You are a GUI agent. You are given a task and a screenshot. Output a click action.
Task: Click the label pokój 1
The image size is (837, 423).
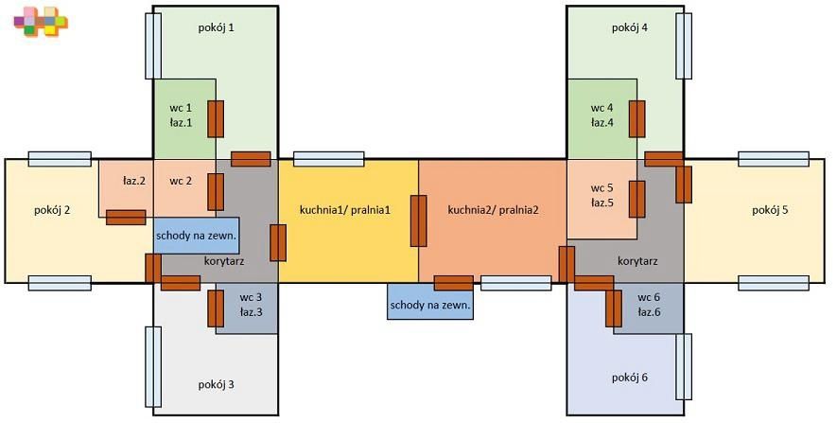(217, 27)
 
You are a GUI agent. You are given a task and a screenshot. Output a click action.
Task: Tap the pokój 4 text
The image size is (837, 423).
(630, 27)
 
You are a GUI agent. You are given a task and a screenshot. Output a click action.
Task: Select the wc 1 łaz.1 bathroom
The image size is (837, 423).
(184, 119)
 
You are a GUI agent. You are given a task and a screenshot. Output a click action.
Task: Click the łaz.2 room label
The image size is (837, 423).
(134, 181)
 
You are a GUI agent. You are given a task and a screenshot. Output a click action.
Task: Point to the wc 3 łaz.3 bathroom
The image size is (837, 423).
(247, 308)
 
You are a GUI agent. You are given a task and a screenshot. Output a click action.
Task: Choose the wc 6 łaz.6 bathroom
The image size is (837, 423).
(649, 308)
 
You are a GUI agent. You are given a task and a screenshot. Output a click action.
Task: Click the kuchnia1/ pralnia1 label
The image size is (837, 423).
(345, 210)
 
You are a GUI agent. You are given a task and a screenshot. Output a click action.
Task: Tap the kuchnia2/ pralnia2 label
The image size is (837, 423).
(494, 210)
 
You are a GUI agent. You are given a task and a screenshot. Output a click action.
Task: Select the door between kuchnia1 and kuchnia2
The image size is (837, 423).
(418, 221)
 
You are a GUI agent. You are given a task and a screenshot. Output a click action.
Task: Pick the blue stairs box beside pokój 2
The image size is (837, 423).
(197, 235)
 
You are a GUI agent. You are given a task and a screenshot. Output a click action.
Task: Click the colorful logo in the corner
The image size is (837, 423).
(41, 22)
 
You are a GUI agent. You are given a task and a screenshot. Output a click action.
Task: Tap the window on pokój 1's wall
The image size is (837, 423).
(153, 46)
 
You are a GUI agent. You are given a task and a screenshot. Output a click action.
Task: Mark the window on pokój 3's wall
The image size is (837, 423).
(153, 367)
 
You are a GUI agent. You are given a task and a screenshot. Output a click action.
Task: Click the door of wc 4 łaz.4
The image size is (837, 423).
(636, 118)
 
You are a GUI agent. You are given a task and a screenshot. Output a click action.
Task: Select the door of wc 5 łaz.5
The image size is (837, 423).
(636, 200)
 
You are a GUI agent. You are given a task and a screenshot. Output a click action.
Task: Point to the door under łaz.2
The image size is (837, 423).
(126, 218)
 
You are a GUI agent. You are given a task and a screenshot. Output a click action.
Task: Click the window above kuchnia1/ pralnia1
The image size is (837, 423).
(329, 159)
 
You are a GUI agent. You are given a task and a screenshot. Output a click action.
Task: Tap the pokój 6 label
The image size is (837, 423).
(630, 378)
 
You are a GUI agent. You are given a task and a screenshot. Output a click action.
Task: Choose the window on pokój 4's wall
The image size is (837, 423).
(684, 46)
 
